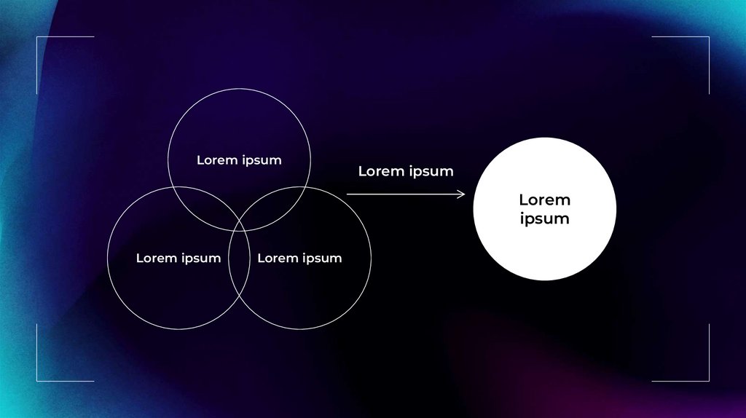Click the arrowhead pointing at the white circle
[462, 194]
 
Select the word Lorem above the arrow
[381, 171]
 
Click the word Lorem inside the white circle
[544, 200]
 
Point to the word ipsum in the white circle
[544, 218]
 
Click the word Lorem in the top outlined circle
[216, 160]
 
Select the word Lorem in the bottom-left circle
[155, 258]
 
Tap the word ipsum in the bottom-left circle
[200, 259]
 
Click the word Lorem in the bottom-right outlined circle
[277, 258]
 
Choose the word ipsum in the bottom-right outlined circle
[322, 259]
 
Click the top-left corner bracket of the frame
[37, 37]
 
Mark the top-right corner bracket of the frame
[708, 37]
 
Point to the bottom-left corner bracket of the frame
[37, 379]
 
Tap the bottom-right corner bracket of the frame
[708, 379]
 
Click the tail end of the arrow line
[348, 194]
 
